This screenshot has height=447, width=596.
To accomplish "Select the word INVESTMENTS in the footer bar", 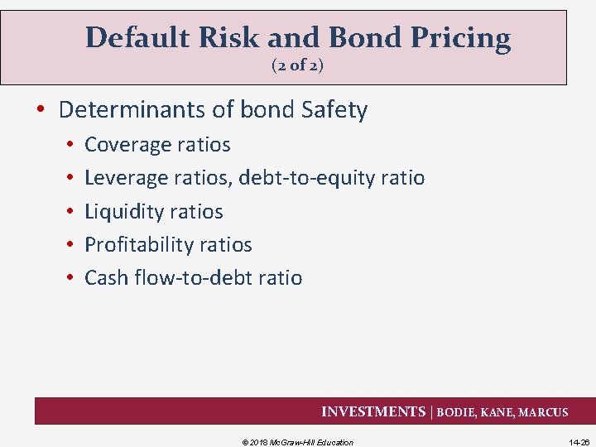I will [x=372, y=412].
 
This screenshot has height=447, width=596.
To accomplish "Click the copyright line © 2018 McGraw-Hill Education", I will [x=297, y=442].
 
